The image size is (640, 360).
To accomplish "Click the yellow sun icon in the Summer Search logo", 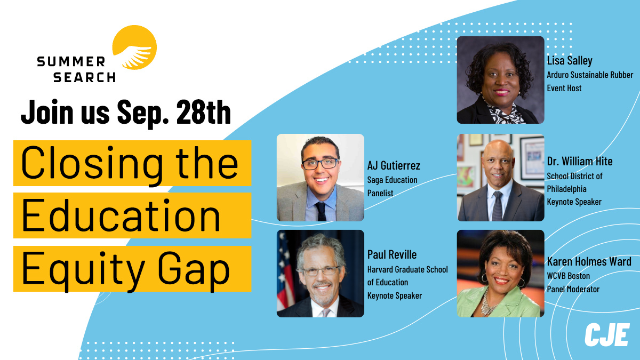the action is point(134,47).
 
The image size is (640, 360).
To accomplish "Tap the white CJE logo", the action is point(607,334).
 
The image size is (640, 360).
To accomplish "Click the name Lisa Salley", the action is point(570,61).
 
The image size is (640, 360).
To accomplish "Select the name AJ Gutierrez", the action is point(394,165).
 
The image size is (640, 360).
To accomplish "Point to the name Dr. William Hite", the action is point(580,162).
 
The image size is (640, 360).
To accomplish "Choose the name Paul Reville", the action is point(392,254).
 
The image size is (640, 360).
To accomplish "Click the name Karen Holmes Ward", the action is point(589,261).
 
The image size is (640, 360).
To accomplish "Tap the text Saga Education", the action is point(393,180).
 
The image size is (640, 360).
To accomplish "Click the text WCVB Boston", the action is point(569,276).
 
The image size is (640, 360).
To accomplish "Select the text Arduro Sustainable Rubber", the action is point(590,75).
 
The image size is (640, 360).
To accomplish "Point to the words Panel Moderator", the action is point(573,289).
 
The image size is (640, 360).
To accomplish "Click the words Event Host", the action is point(564,88).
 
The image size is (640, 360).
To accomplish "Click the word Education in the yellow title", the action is point(121,215).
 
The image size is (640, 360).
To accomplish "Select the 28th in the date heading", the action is point(203,112).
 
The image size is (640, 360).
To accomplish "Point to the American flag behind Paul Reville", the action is point(285,271).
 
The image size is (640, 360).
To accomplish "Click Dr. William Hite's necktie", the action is point(497,206).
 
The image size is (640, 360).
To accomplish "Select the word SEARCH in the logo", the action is point(84,77).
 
